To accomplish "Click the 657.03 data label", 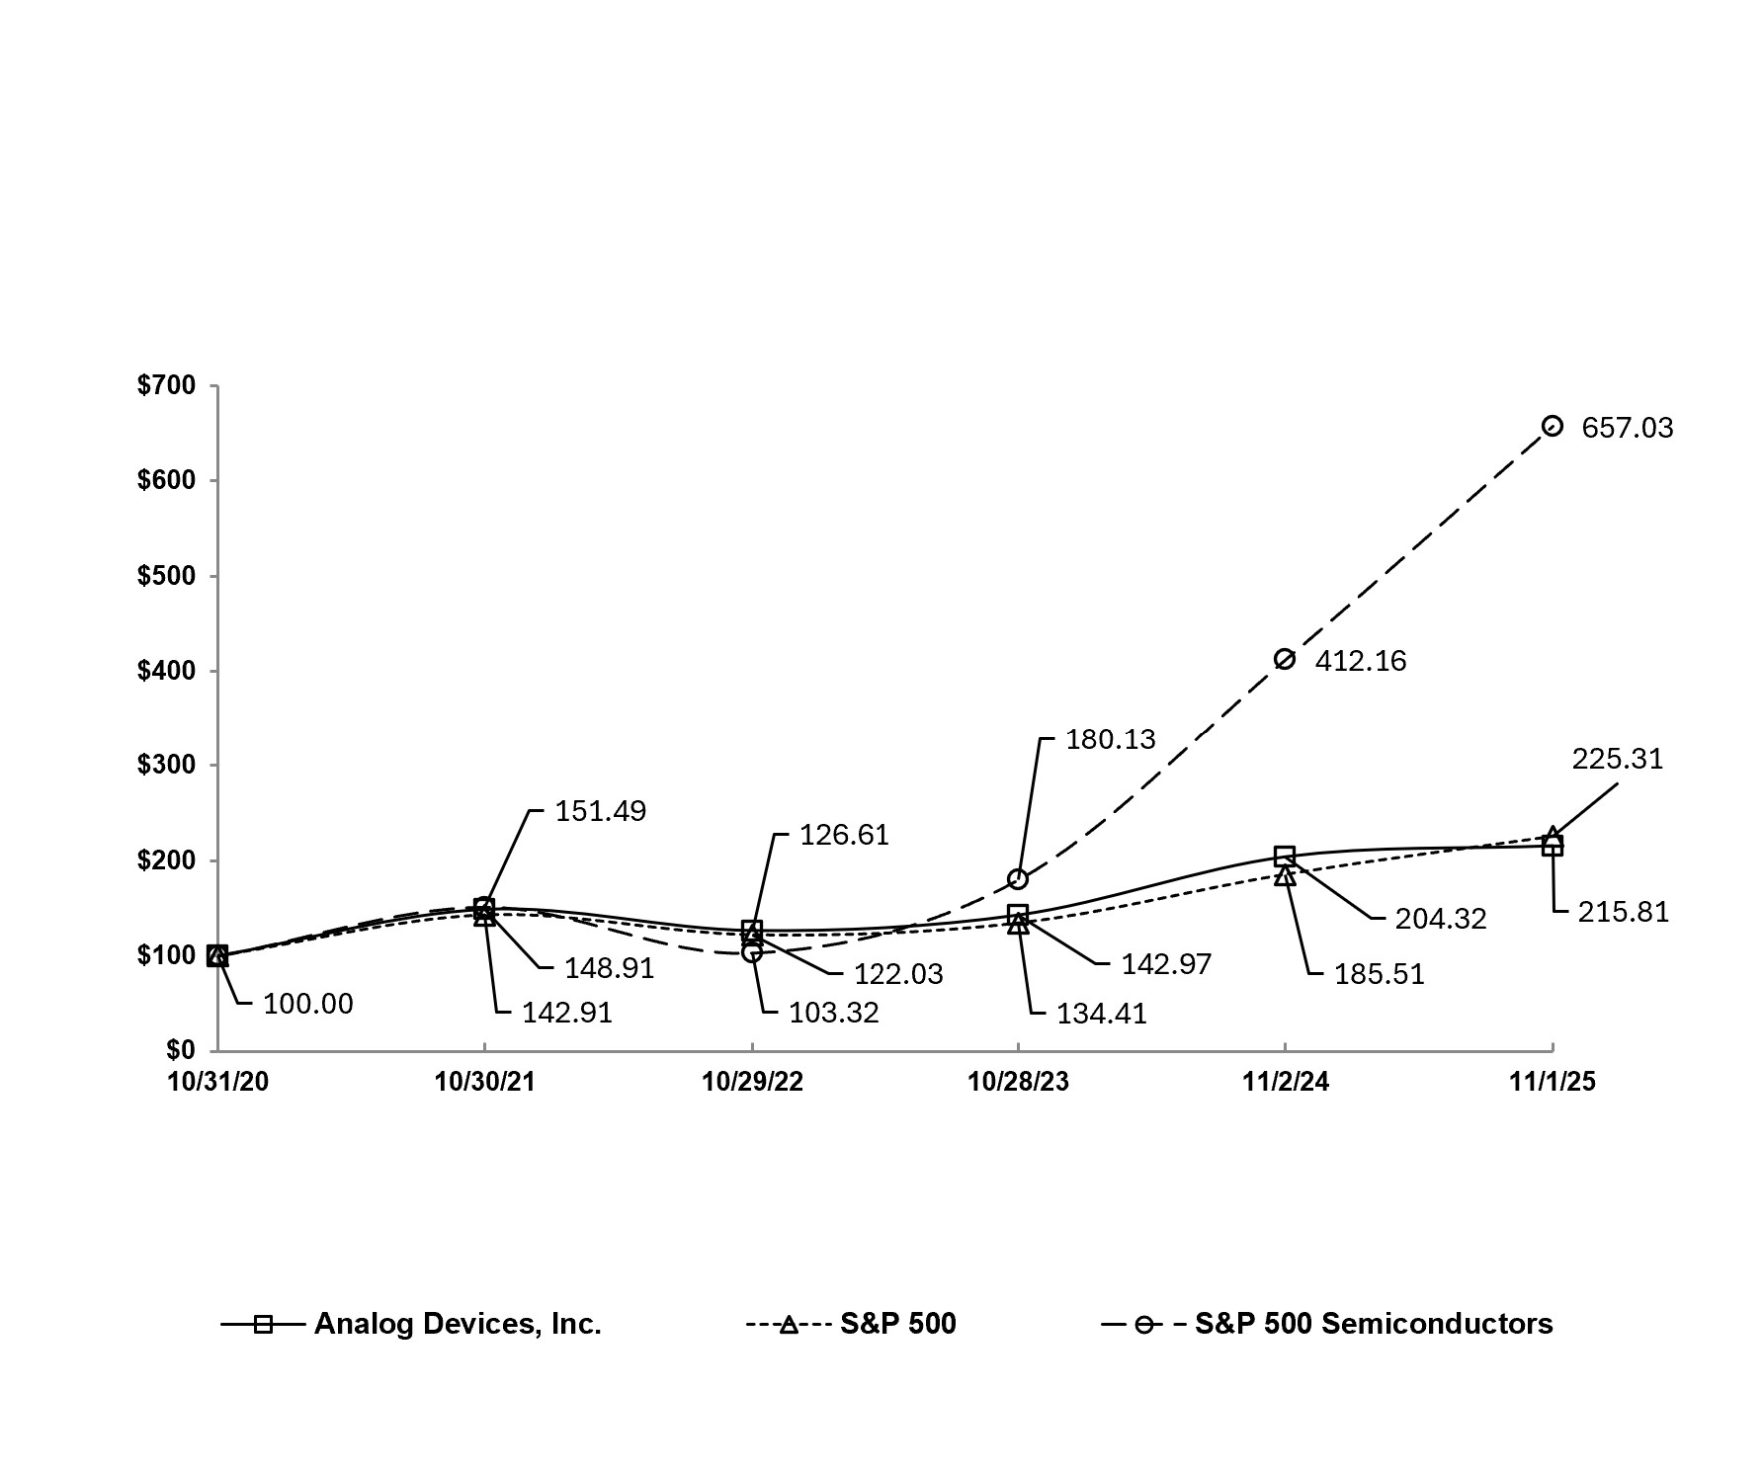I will pos(1627,428).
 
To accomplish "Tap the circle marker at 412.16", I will pos(1284,659).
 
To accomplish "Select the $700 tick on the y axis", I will pos(165,385).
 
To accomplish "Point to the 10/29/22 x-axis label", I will pos(751,1082).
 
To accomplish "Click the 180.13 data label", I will pos(1109,740).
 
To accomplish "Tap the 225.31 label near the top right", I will pos(1617,759).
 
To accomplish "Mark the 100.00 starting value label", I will pos(307,1004).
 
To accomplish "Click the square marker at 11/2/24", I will pos(1284,856).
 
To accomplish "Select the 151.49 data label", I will pos(600,811).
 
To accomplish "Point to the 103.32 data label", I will pos(833,1013).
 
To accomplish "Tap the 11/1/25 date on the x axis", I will pos(1552,1082).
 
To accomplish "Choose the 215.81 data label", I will pos(1622,912).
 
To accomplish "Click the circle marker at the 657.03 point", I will pos(1552,426).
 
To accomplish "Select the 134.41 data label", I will pos(1101,1014).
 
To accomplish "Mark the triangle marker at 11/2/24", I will pos(1284,875).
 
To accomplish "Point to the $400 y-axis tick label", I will pos(165,671).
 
